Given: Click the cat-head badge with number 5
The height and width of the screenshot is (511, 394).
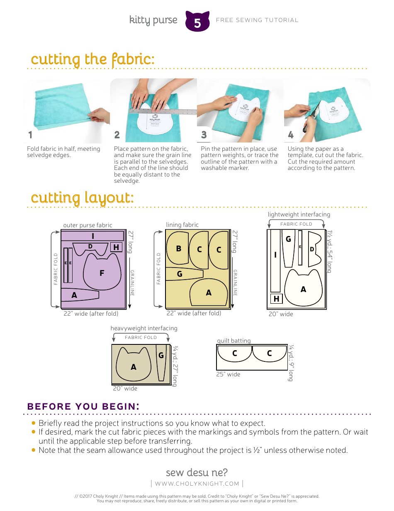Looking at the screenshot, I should tap(197, 22).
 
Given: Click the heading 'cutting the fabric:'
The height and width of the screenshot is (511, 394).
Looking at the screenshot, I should tap(92, 59).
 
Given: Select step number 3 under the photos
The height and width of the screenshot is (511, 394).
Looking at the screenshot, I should tap(204, 135).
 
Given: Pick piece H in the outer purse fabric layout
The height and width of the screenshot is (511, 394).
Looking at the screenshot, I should tap(116, 247).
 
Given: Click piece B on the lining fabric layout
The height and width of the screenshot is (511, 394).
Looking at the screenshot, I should tap(178, 248).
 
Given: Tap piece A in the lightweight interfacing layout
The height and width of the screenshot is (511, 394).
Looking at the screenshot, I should tap(303, 289).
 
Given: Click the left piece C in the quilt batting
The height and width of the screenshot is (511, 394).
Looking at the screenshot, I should tap(234, 354).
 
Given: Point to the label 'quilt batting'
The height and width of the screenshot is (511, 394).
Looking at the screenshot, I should tap(234, 341).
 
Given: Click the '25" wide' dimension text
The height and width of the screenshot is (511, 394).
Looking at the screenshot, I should tap(228, 374).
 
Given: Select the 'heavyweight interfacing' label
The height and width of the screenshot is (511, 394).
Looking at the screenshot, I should tap(144, 328).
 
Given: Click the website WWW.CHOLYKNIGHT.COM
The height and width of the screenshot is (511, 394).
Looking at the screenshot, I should tap(197, 484).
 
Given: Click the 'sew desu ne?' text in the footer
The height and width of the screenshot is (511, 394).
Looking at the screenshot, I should tap(197, 472).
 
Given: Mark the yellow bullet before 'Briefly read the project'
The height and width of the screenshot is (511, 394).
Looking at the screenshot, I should tap(34, 423).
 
